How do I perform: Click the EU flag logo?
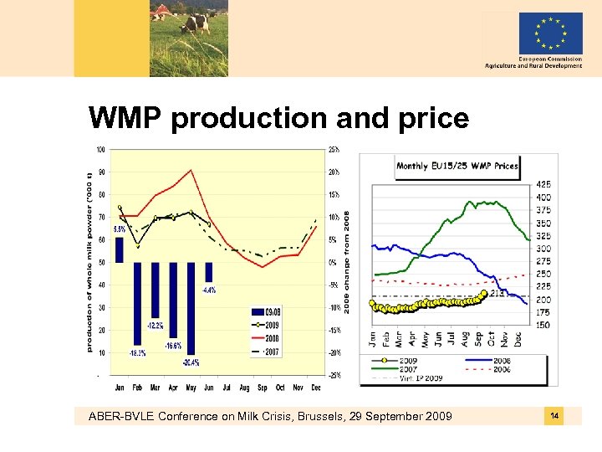click(x=550, y=33)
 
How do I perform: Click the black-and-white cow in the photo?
click(x=196, y=22)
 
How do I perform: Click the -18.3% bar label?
click(x=138, y=352)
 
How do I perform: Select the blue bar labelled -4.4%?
click(x=209, y=272)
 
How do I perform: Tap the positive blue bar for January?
click(x=120, y=249)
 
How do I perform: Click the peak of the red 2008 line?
click(x=191, y=171)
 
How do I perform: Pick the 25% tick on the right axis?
click(x=333, y=150)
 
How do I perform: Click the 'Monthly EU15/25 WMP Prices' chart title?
click(x=457, y=166)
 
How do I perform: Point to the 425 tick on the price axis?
click(x=543, y=183)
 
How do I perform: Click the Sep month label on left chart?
click(x=262, y=387)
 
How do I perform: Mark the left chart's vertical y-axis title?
click(x=90, y=262)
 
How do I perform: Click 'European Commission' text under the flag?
click(x=550, y=59)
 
